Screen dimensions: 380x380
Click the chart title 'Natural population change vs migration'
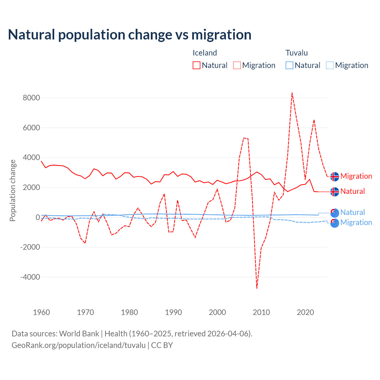click(x=130, y=35)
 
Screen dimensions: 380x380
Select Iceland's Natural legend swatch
click(x=196, y=65)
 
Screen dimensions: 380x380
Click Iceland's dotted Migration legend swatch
click(x=237, y=65)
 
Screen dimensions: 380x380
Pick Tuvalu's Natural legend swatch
click(x=289, y=65)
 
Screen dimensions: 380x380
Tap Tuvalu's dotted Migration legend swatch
click(x=330, y=65)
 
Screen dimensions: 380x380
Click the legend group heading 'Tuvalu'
click(x=296, y=53)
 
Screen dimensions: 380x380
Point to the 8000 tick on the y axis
click(x=31, y=98)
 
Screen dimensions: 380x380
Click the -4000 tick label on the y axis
click(x=30, y=277)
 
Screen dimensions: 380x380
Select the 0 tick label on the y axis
click(x=38, y=217)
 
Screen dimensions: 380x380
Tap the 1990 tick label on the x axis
click(x=173, y=312)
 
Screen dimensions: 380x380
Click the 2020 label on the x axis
click(x=305, y=312)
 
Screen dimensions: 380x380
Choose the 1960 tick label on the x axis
click(x=42, y=312)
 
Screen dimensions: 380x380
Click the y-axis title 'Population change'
click(x=12, y=191)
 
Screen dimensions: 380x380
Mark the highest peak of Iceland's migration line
click(x=292, y=93)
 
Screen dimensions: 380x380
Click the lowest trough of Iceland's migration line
click(x=257, y=288)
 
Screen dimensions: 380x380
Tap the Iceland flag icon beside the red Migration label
click(x=335, y=176)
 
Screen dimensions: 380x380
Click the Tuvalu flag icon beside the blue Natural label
click(x=335, y=213)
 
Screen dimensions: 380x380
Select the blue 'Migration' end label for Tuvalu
click(x=356, y=222)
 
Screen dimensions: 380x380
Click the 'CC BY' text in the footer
click(x=162, y=345)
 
